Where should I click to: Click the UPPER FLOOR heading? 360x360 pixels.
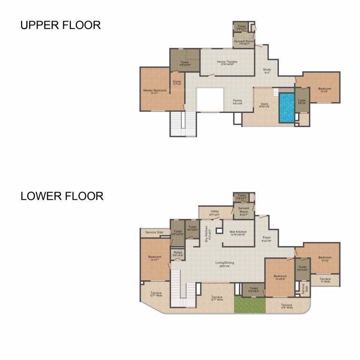[x=60, y=25]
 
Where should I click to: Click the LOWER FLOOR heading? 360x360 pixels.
[x=61, y=196]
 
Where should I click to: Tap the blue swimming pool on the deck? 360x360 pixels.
[x=287, y=107]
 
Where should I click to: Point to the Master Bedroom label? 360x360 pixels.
[x=155, y=91]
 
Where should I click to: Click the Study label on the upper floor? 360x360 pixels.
[x=267, y=71]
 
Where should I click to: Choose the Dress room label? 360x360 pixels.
[x=177, y=82]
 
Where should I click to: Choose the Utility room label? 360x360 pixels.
[x=215, y=212]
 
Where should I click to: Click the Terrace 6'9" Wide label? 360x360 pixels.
[x=286, y=306]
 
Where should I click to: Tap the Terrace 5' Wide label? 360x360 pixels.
[x=325, y=280]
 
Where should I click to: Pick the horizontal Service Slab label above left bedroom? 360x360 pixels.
[x=154, y=232]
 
